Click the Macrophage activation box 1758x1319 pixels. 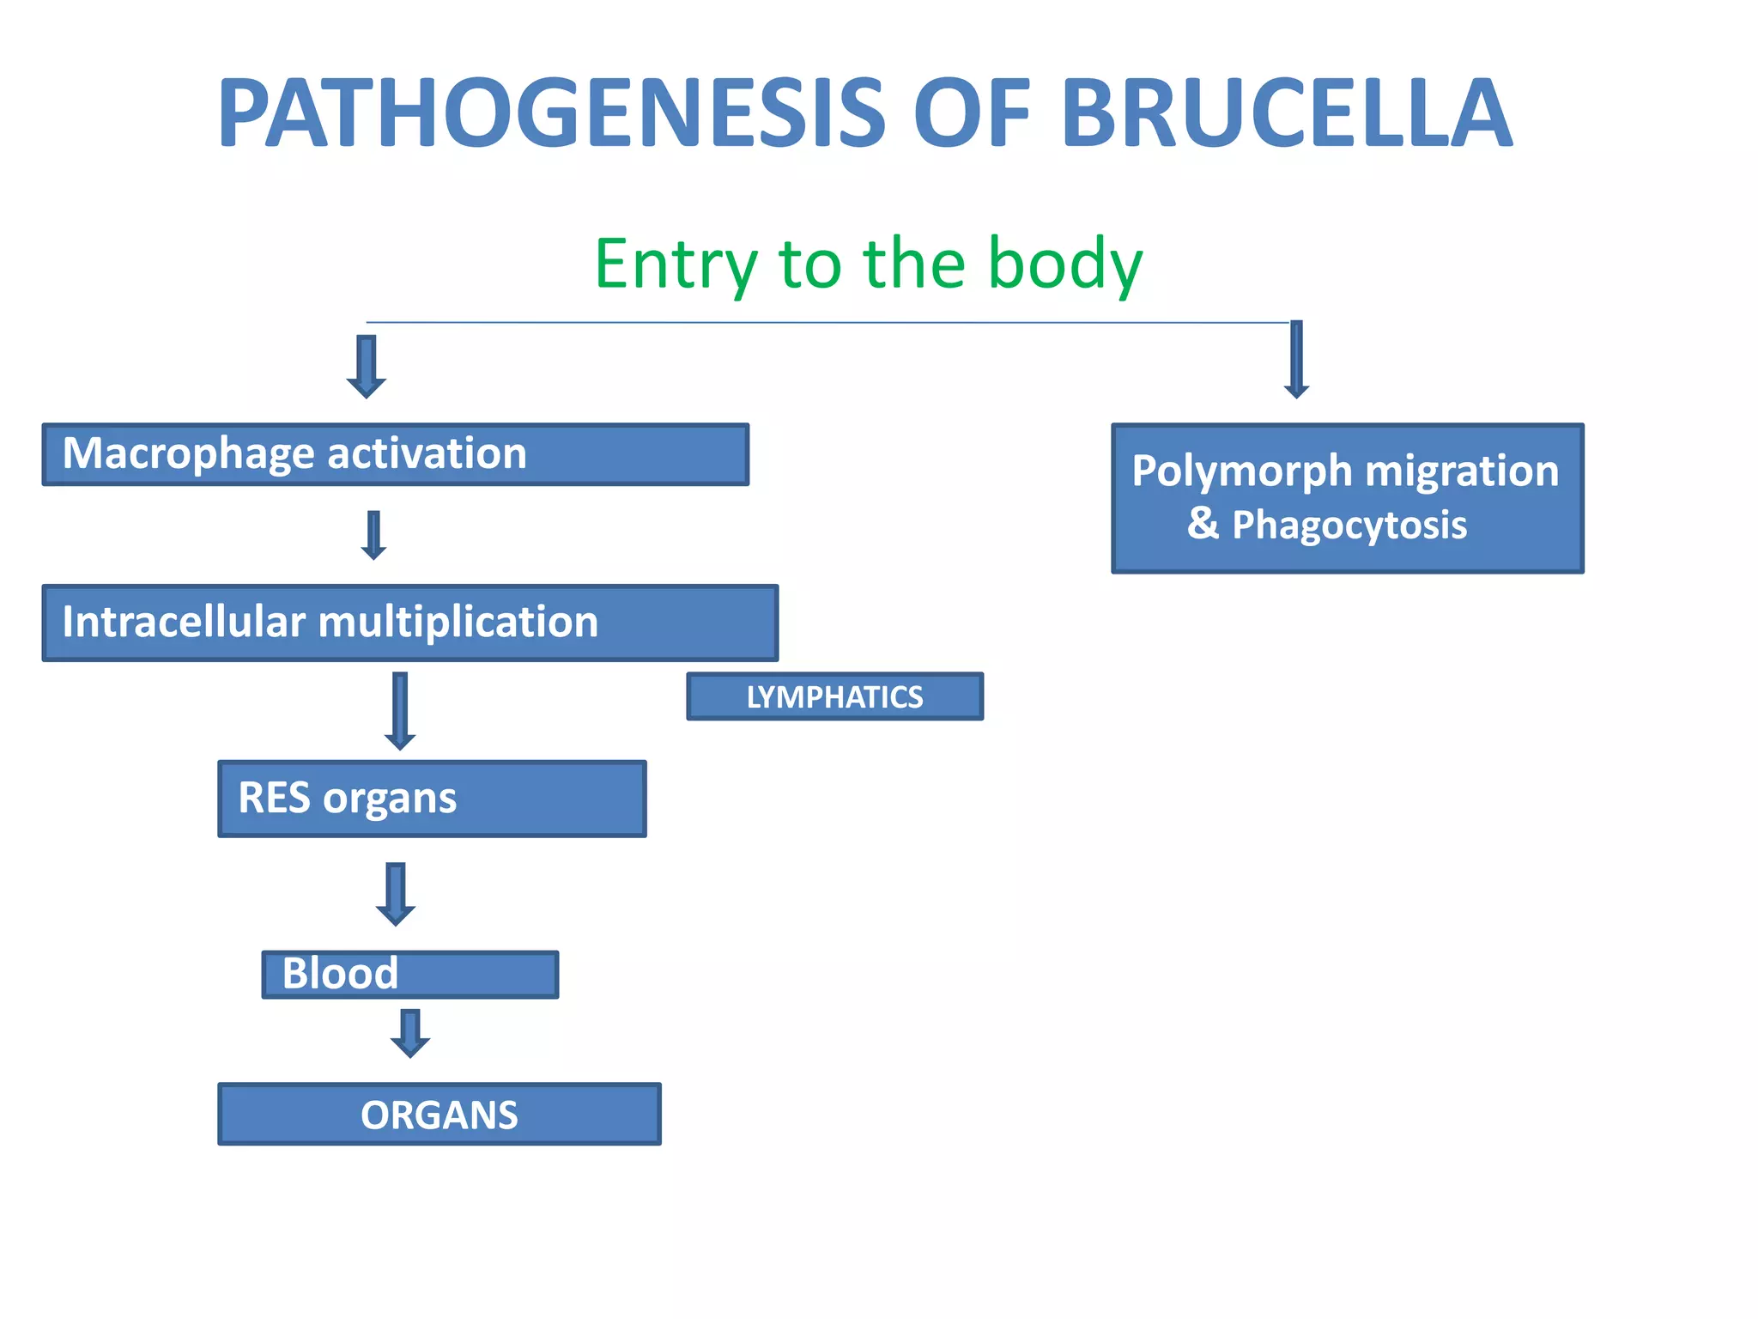(x=395, y=454)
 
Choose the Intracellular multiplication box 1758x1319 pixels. (x=410, y=623)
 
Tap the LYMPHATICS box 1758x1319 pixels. (x=834, y=696)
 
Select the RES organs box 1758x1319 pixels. (x=432, y=799)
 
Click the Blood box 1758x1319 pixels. (x=410, y=974)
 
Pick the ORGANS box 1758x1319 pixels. (x=439, y=1115)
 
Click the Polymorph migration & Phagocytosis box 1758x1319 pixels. (x=1347, y=498)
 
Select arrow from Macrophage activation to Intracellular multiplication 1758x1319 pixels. (x=373, y=535)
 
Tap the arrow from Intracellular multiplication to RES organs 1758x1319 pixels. (x=400, y=711)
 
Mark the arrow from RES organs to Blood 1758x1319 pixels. (x=396, y=894)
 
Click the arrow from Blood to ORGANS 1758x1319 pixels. (x=410, y=1033)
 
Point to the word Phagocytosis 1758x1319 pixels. (x=1349, y=526)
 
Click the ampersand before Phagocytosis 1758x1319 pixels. (x=1203, y=523)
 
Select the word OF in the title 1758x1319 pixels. (x=971, y=114)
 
